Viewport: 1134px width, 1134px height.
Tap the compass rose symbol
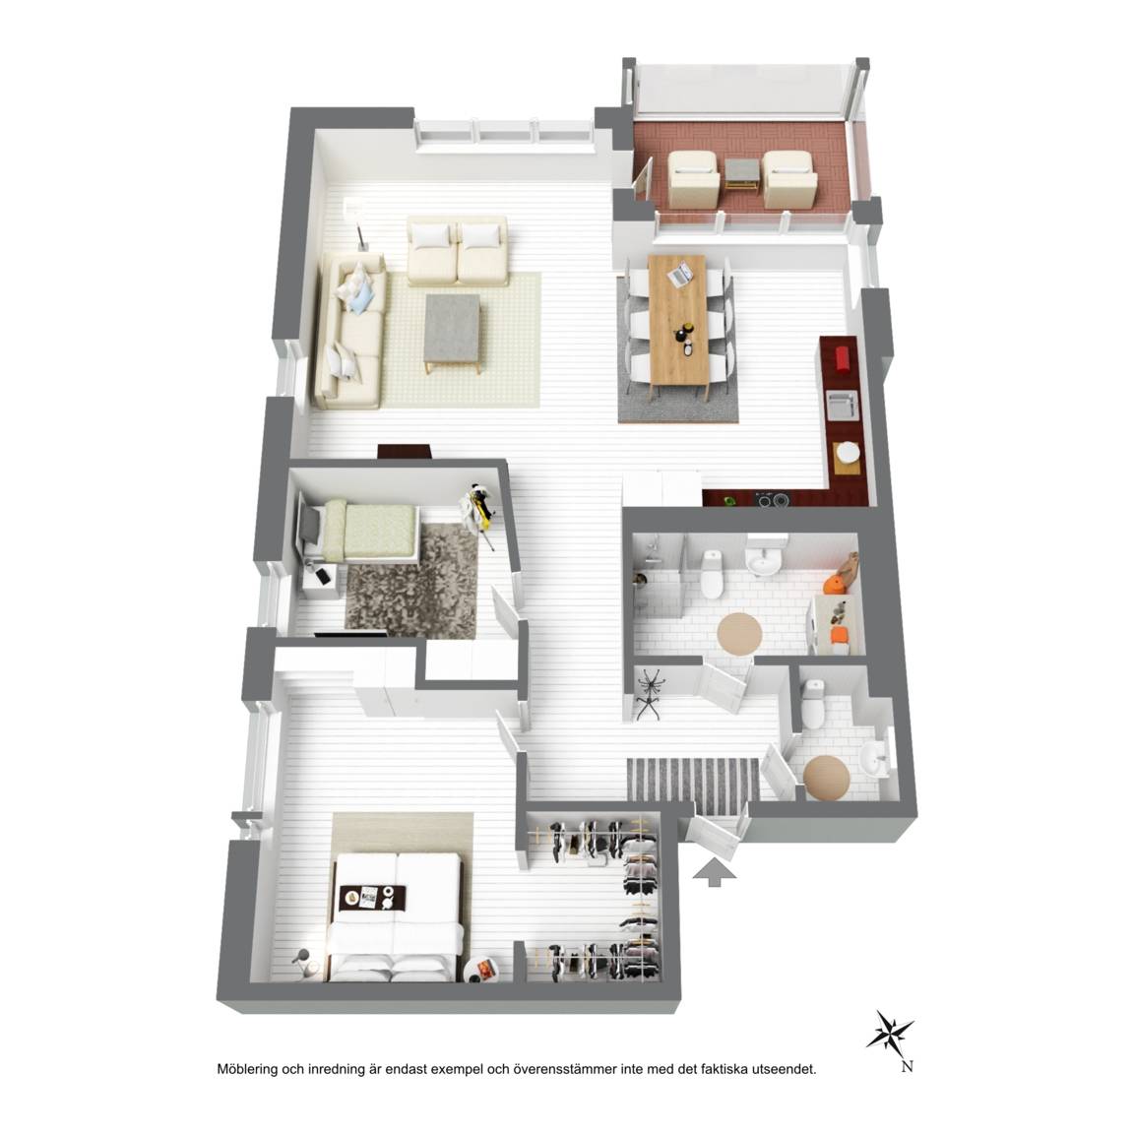890,1032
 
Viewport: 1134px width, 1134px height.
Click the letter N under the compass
907,1066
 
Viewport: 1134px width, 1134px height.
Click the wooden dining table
678,322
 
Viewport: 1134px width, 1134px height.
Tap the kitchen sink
843,405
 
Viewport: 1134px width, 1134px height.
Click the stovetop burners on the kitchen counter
772,498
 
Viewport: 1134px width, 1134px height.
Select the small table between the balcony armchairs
742,173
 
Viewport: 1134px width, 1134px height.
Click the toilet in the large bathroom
712,574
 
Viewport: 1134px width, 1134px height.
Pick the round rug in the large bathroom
739,634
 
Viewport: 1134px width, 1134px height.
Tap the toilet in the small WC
813,704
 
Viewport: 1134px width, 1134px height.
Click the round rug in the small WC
826,779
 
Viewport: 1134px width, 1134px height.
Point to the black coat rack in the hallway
650,694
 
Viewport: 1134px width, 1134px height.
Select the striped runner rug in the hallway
693,780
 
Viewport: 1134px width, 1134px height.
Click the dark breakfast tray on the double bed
372,898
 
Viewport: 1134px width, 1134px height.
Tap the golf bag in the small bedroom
478,507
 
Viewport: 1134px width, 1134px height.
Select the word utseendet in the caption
786,1069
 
